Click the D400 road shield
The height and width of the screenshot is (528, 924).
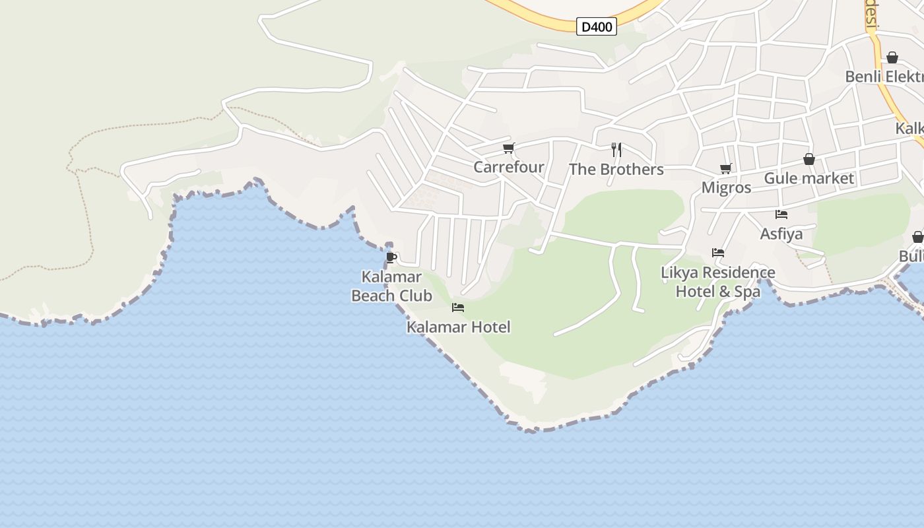(597, 27)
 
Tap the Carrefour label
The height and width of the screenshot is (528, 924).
(509, 167)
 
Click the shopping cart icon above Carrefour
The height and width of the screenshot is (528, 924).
(508, 148)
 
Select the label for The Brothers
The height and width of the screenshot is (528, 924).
(616, 169)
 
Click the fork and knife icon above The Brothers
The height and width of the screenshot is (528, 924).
(616, 150)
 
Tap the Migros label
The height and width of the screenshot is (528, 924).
(726, 187)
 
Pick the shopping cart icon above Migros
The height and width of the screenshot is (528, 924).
(726, 169)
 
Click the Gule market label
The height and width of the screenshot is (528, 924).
(808, 178)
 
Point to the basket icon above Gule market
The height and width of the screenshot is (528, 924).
(809, 160)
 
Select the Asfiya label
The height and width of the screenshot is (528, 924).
(781, 234)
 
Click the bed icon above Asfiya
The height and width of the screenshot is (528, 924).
(781, 214)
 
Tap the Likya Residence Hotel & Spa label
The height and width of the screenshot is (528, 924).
(718, 282)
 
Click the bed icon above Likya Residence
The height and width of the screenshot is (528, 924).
(718, 253)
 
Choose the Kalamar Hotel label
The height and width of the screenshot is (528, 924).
(458, 327)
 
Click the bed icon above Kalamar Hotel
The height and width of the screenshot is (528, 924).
(458, 308)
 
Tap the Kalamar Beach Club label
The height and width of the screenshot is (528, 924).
(391, 286)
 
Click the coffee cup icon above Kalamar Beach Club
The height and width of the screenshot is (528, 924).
(391, 257)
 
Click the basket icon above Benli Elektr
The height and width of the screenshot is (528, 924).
(892, 58)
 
